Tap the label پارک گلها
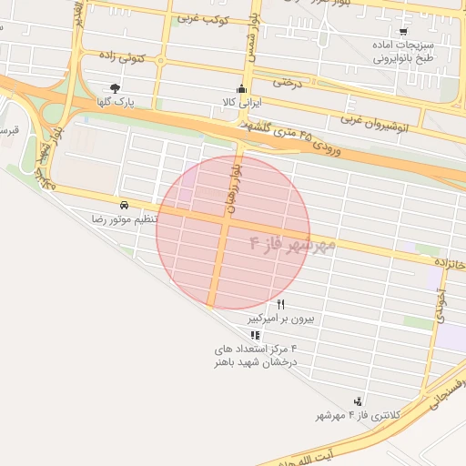(x=124, y=102)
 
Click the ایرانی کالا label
(x=241, y=103)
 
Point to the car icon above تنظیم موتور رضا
(x=123, y=205)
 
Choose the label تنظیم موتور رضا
(x=125, y=220)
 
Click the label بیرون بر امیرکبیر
(x=282, y=319)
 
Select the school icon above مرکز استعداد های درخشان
(x=253, y=334)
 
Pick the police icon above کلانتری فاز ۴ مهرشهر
(x=360, y=400)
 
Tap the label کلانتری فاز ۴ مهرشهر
(x=359, y=416)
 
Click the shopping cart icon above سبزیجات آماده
(x=403, y=31)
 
